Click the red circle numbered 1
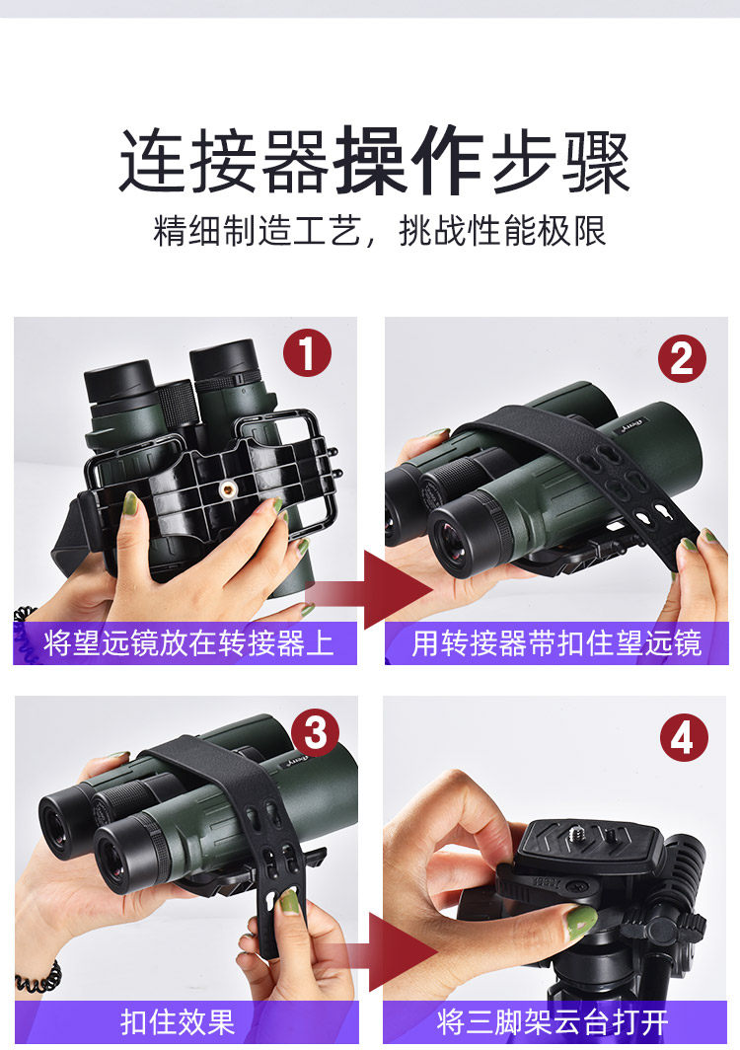click(307, 352)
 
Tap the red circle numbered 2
click(682, 358)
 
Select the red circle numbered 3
click(316, 732)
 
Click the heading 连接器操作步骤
click(374, 160)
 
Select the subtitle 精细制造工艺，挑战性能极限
click(380, 231)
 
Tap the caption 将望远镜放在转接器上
click(188, 642)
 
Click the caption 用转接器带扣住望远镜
click(556, 642)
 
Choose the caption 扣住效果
click(178, 1022)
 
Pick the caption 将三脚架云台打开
click(553, 1022)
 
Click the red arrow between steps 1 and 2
click(370, 590)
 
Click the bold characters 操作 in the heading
click(409, 160)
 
